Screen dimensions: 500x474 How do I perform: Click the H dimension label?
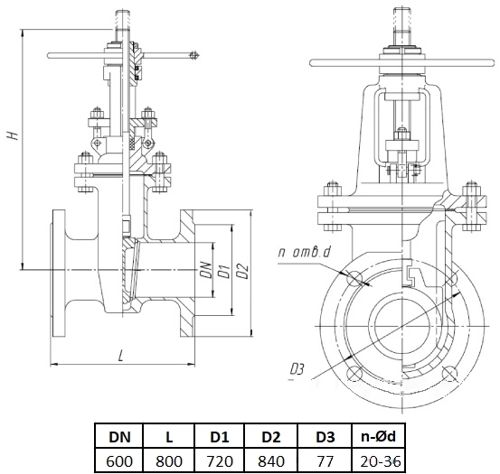tap(13, 135)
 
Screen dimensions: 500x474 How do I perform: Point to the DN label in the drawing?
tap(208, 270)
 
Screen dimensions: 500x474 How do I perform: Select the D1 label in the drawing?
tap(225, 271)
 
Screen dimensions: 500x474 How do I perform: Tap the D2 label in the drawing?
tap(243, 271)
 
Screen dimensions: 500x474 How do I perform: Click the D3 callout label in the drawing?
tap(297, 369)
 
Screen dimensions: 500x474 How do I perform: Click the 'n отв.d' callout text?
tap(304, 252)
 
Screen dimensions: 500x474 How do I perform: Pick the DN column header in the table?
tap(119, 437)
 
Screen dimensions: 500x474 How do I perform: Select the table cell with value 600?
tap(119, 461)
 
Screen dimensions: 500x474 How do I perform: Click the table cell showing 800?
tap(169, 461)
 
